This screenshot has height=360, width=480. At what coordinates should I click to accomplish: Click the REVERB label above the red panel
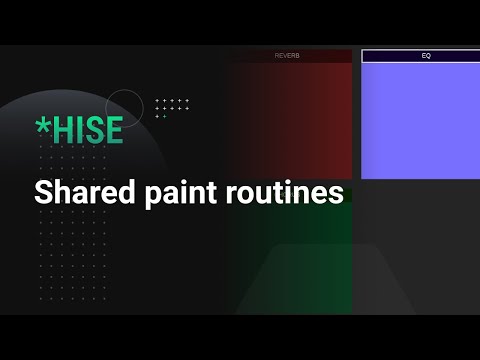tap(287, 56)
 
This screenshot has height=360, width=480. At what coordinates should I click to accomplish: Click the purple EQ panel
tap(420, 120)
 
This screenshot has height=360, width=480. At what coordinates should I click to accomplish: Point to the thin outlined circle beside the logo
tap(124, 107)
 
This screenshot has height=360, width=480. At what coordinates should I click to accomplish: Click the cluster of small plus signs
tap(172, 107)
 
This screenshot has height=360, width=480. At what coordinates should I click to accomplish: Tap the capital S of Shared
tap(43, 192)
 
